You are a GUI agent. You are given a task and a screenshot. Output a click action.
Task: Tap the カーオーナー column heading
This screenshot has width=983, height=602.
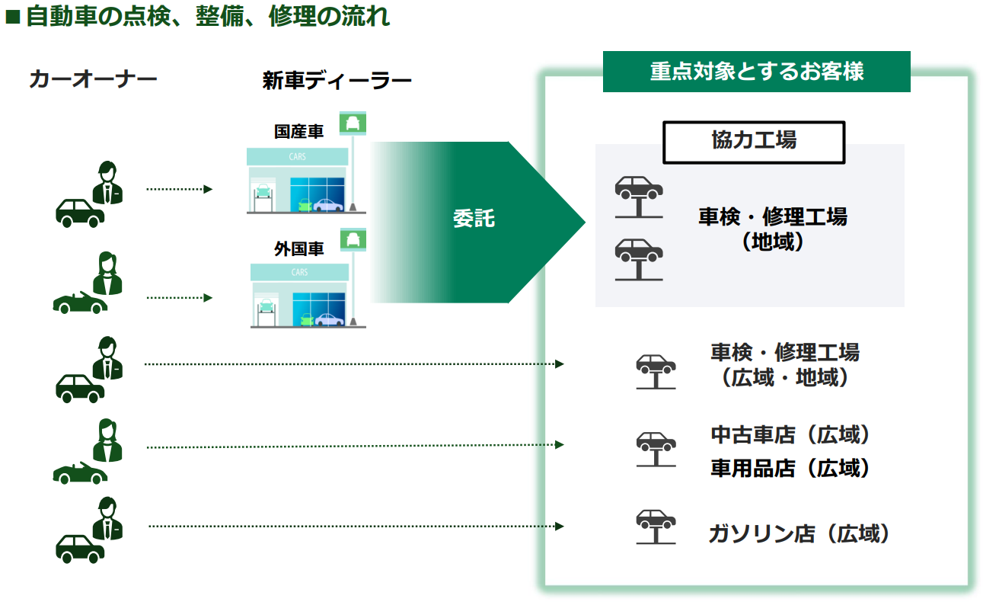click(x=93, y=79)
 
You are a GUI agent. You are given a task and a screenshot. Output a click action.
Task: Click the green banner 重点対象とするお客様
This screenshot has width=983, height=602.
click(x=756, y=72)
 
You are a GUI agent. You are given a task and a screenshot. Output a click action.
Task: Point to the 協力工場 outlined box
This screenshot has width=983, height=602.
click(x=754, y=142)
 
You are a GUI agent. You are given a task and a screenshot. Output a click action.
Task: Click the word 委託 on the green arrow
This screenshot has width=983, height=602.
click(x=474, y=219)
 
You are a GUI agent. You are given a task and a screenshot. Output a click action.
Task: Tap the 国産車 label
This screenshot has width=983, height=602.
click(x=298, y=132)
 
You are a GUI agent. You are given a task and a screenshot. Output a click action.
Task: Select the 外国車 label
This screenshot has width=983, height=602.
click(x=298, y=248)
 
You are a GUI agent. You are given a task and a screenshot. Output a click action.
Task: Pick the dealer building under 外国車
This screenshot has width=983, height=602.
click(x=299, y=296)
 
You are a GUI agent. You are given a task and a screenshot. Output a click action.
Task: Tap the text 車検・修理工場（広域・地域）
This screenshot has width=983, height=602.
click(x=784, y=365)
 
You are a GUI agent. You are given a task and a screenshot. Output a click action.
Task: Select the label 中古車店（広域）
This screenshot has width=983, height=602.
click(x=790, y=435)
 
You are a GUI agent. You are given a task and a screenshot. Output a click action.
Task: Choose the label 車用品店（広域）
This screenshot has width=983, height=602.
click(x=790, y=468)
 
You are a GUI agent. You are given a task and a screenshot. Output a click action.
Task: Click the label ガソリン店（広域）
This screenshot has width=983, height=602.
click(x=799, y=534)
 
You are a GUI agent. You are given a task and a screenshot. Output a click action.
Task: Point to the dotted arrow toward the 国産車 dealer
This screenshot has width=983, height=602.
click(x=179, y=188)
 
